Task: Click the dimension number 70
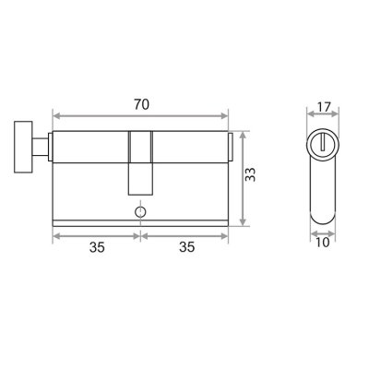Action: (141, 105)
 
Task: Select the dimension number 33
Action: (251, 174)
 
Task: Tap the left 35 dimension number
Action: (97, 247)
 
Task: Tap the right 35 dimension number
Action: (187, 247)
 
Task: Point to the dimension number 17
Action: (324, 107)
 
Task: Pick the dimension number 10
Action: (323, 243)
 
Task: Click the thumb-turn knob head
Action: (23, 147)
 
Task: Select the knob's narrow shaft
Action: (41, 147)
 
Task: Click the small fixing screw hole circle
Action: (140, 212)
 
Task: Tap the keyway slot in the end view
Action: (322, 142)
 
